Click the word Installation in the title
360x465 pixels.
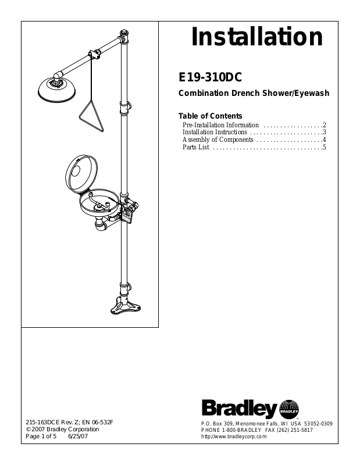pos(257,37)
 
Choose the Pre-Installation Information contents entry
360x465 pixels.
pos(220,125)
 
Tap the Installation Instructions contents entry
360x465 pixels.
pos(215,133)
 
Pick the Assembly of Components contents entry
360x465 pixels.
pos(218,140)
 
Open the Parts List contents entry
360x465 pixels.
pos(195,148)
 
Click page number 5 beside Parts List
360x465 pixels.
pos(325,148)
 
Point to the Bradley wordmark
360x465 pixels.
pos(239,408)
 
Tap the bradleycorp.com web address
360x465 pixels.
pos(233,436)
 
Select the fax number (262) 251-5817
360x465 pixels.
pos(297,430)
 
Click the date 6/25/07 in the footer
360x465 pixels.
pos(77,436)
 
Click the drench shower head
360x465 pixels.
pos(56,88)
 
